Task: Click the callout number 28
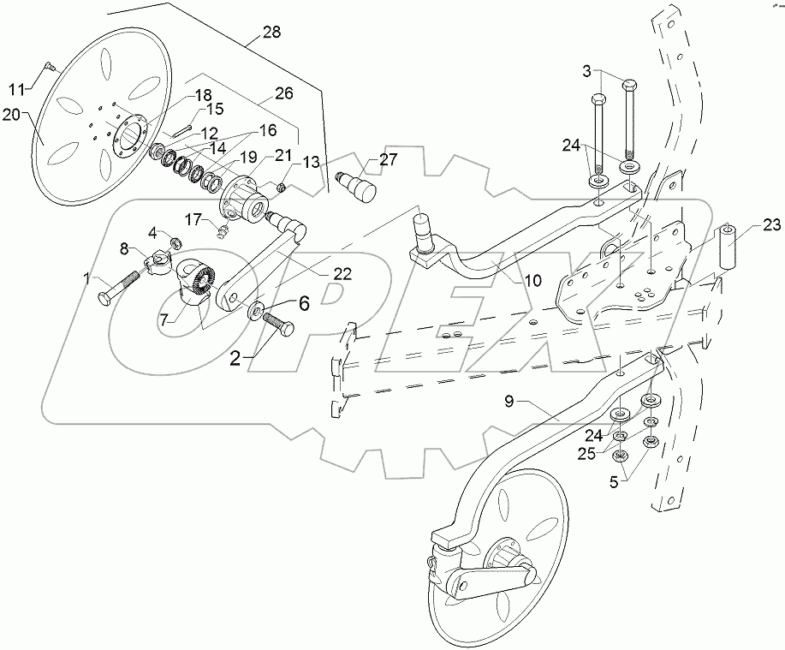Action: [271, 33]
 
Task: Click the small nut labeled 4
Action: [175, 242]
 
